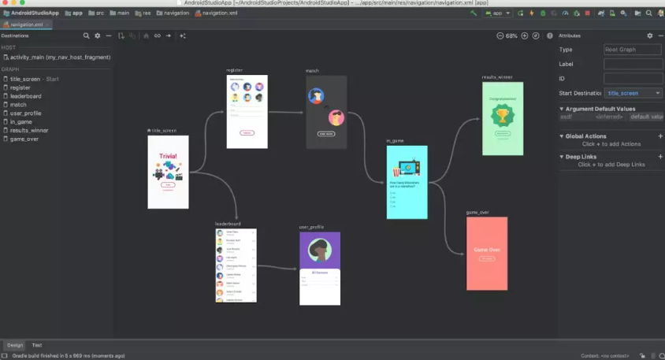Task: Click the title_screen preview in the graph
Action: click(168, 172)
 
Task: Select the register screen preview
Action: click(247, 111)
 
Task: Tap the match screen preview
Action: click(326, 112)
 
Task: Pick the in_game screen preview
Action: click(407, 182)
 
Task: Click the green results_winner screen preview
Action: click(502, 118)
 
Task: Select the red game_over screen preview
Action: click(486, 253)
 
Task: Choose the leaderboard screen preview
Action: click(235, 265)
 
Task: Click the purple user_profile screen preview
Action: click(319, 268)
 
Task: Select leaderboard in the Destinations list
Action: click(26, 96)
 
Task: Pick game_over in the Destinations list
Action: click(24, 139)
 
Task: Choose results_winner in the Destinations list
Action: click(29, 130)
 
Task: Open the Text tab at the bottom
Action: click(37, 345)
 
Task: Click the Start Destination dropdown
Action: click(633, 93)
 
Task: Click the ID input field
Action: click(633, 79)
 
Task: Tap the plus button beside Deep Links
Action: click(660, 157)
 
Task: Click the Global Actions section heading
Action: click(585, 136)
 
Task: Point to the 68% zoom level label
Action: click(511, 36)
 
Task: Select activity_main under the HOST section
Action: click(60, 58)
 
